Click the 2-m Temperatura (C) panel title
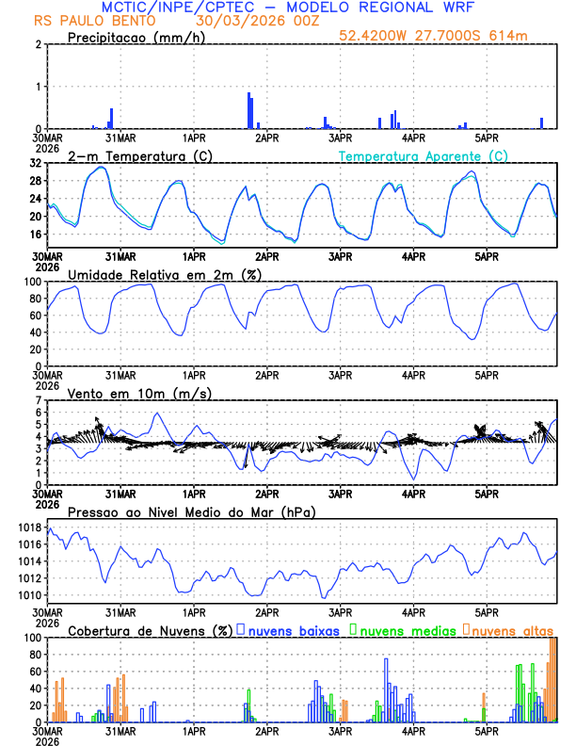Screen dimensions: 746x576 tap(139, 155)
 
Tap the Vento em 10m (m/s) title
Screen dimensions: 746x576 tap(139, 393)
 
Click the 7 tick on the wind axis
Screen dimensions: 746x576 tap(39, 400)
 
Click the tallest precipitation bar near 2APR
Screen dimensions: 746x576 tap(248, 110)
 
